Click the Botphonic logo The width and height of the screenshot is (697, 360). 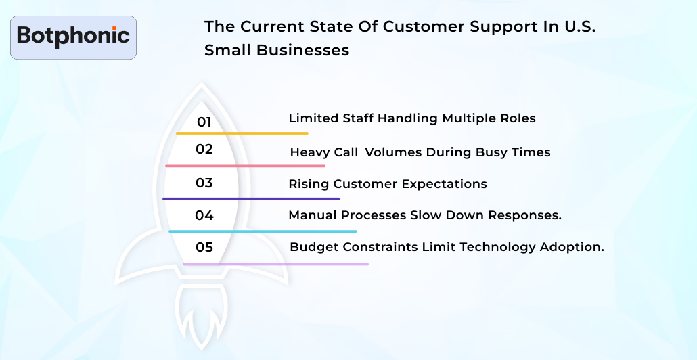click(x=73, y=36)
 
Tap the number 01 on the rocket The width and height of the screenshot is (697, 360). click(x=204, y=122)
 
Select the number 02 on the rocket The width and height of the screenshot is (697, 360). click(x=204, y=149)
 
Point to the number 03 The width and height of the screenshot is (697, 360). click(x=204, y=183)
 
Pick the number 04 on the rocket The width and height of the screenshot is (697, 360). click(x=204, y=215)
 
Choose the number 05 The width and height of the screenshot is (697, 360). click(x=204, y=247)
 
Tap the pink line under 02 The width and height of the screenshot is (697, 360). click(x=245, y=166)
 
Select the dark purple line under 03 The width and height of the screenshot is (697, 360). click(x=251, y=198)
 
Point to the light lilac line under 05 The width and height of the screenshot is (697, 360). click(x=276, y=264)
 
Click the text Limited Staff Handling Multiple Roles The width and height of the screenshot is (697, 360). click(x=411, y=118)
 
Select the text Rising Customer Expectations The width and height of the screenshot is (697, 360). click(x=387, y=184)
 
